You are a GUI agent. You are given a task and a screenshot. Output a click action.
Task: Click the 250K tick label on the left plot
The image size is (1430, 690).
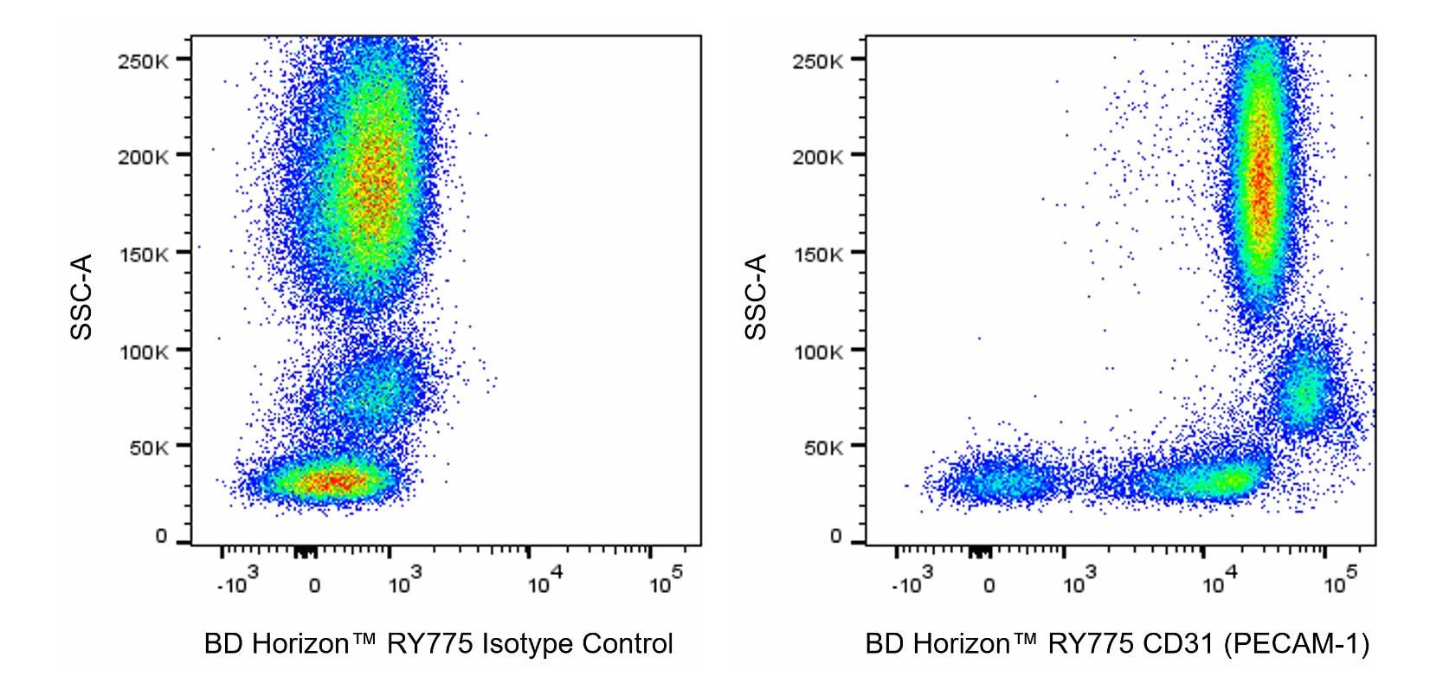click(143, 61)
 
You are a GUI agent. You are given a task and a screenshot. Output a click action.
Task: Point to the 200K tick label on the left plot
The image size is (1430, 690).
click(143, 157)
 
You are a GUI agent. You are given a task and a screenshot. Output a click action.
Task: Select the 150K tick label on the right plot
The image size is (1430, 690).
click(817, 255)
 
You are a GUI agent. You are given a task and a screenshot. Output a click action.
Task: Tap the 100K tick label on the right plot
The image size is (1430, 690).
click(817, 352)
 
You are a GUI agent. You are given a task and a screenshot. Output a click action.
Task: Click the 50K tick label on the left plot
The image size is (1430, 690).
click(148, 448)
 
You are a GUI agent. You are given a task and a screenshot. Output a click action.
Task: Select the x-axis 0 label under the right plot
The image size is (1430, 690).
click(989, 586)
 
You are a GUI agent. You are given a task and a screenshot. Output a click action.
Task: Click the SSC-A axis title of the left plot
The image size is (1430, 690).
click(81, 297)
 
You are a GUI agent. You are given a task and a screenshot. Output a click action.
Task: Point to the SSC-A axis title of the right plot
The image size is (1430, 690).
click(756, 297)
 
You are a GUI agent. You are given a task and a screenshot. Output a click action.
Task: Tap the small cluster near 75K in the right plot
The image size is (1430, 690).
click(1306, 390)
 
